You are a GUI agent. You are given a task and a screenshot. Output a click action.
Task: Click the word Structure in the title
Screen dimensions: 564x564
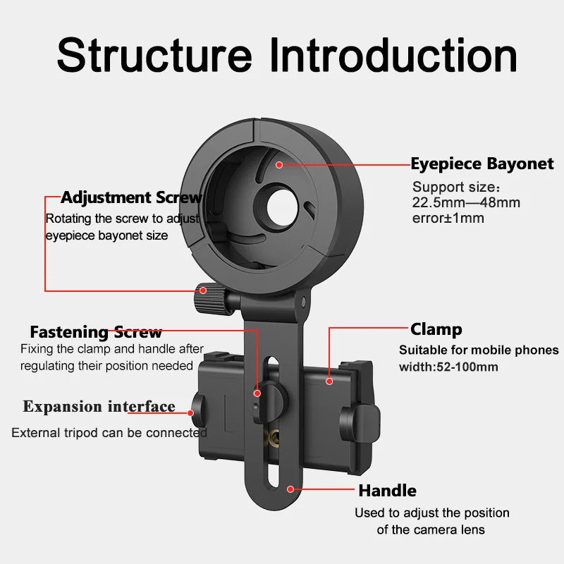tap(154, 54)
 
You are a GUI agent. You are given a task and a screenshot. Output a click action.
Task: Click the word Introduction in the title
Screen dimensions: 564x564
tap(394, 54)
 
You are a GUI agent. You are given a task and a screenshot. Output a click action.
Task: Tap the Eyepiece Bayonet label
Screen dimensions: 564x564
tap(482, 164)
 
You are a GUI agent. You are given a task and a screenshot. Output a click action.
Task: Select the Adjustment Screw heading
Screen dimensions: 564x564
tap(131, 197)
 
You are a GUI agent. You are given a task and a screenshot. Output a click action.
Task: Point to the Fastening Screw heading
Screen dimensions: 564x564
tap(96, 332)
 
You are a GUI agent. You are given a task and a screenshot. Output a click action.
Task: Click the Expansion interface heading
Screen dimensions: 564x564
tap(99, 407)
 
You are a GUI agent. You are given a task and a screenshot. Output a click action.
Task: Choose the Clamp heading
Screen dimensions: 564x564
tap(436, 329)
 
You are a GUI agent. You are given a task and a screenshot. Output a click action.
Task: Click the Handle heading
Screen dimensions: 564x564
tap(387, 491)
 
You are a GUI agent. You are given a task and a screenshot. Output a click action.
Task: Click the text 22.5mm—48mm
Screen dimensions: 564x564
tap(466, 203)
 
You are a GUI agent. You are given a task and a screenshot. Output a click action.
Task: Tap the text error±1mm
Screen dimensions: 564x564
tap(448, 218)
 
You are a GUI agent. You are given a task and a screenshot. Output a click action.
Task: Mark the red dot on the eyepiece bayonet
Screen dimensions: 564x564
tap(279, 164)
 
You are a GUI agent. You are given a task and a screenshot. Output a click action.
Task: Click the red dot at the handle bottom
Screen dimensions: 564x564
tap(290, 487)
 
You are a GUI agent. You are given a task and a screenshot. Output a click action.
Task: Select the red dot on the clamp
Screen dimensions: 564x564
tap(329, 381)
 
